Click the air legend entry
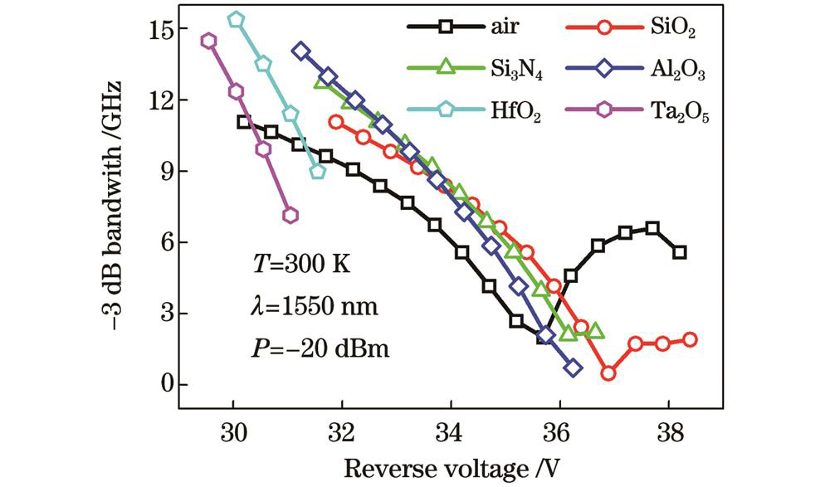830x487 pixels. (465, 27)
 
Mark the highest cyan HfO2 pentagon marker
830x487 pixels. (236, 20)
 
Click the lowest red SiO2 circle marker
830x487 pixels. (608, 373)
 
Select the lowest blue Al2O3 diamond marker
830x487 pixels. (573, 368)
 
